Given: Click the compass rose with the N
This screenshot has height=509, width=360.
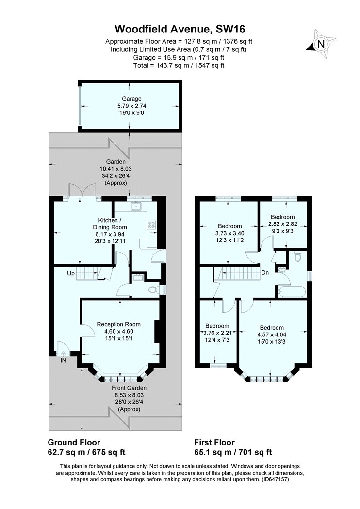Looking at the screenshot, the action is (321, 44).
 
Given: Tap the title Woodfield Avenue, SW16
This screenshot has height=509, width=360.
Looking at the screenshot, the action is (180, 29).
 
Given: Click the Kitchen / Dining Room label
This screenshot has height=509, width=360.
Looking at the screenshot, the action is (110, 224).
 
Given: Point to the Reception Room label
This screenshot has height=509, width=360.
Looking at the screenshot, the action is (118, 324).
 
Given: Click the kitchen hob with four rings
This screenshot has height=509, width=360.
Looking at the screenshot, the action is (152, 224).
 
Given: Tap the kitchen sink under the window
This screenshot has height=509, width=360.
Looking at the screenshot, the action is (135, 206).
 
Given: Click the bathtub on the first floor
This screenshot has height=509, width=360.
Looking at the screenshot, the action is (291, 291).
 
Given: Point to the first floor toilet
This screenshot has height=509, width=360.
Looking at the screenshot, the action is (297, 256).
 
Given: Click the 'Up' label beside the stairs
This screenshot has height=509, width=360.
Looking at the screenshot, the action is (71, 274).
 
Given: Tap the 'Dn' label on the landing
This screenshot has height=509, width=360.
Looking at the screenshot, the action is (265, 272).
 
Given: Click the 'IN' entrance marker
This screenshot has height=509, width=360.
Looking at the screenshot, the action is (64, 360).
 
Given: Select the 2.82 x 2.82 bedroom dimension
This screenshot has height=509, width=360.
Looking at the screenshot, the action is (283, 224).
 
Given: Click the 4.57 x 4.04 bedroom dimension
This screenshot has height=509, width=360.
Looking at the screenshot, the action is (272, 334).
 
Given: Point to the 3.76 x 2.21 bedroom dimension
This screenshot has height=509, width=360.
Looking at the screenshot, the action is (217, 333).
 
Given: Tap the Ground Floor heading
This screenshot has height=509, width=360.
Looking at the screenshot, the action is (74, 442).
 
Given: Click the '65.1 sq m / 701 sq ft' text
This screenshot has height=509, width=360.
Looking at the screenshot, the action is (233, 452).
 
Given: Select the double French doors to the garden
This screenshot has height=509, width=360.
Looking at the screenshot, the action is (82, 191).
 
